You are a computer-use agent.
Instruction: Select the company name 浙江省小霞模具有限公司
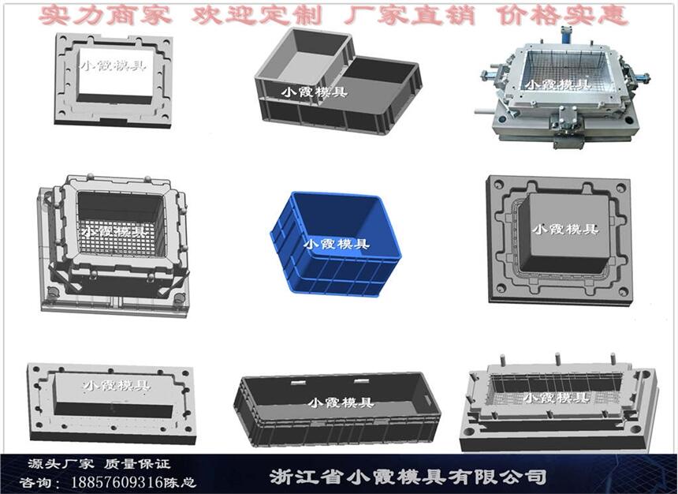pyautogui.click(x=408, y=477)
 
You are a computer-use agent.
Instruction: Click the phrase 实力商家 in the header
pyautogui.click(x=105, y=16)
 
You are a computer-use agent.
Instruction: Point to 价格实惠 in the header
pyautogui.click(x=562, y=16)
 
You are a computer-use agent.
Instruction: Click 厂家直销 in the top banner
pyautogui.click(x=409, y=16)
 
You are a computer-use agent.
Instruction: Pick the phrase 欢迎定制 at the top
pyautogui.click(x=256, y=16)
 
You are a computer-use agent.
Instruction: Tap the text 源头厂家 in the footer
pyautogui.click(x=61, y=464)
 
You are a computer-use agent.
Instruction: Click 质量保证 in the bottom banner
pyautogui.click(x=137, y=464)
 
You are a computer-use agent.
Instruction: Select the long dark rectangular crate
pyautogui.click(x=337, y=408)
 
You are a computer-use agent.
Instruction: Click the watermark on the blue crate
pyautogui.click(x=337, y=244)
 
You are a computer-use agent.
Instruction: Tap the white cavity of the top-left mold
pyautogui.click(x=116, y=72)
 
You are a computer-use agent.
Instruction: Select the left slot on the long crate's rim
pyautogui.click(x=297, y=383)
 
